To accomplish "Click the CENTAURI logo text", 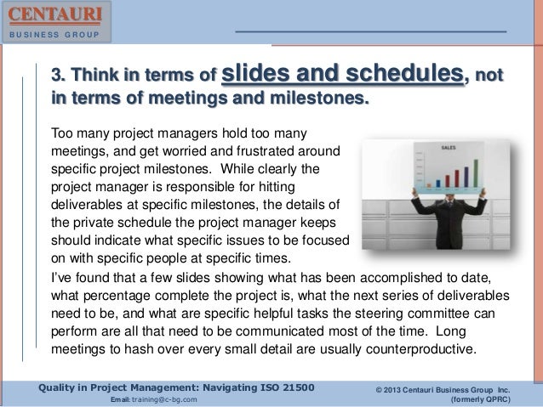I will (53, 15).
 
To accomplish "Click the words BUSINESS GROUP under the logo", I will (53, 36).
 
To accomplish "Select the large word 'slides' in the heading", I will (257, 77).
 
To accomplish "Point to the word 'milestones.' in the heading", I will (320, 103).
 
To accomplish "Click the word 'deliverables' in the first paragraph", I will (91, 206).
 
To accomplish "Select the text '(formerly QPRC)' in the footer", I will (496, 399).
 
